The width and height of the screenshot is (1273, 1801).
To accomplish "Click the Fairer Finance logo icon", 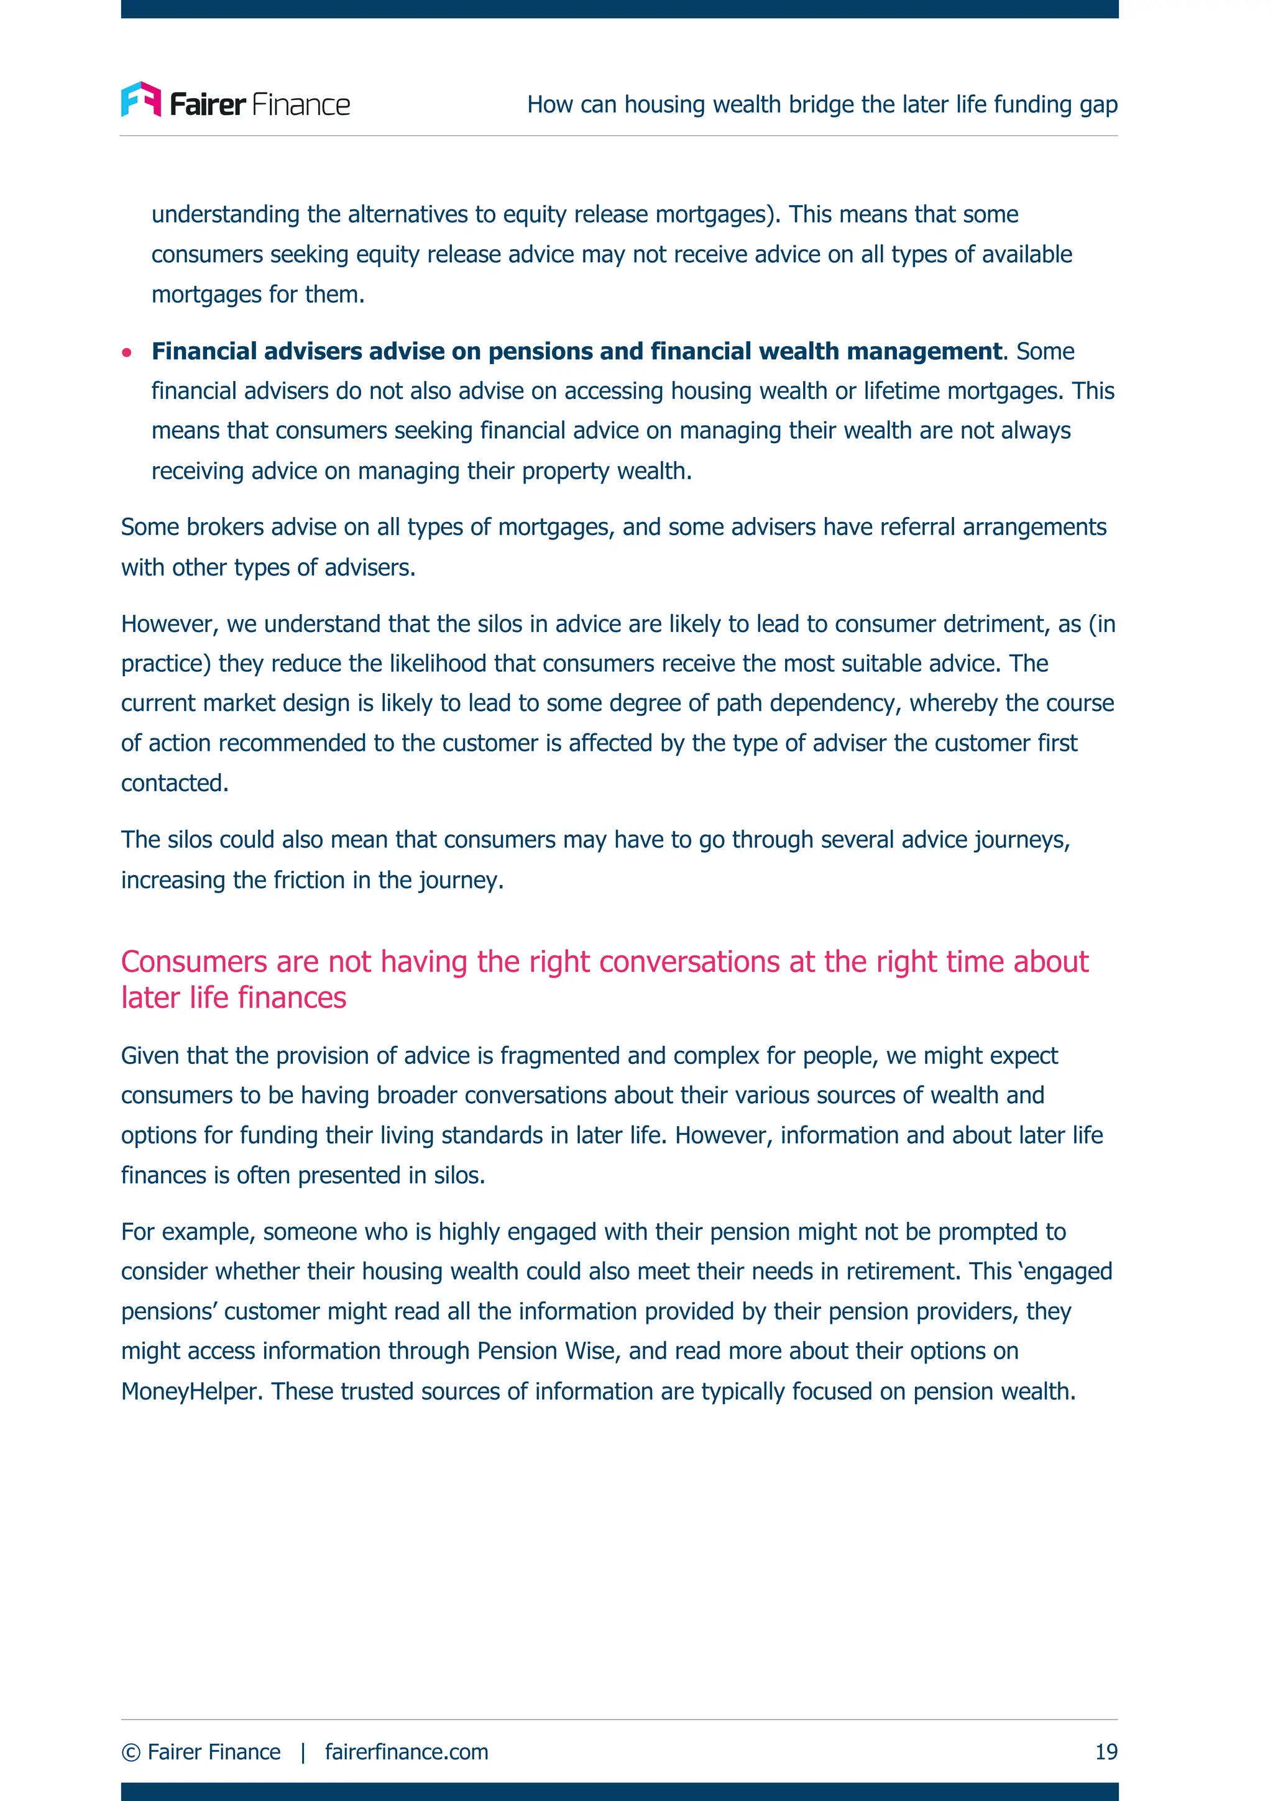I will [x=141, y=99].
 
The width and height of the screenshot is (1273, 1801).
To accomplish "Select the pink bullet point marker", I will [x=127, y=352].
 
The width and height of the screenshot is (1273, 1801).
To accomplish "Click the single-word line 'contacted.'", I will [x=175, y=783].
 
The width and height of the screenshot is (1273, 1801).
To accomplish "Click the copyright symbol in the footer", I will [x=131, y=1753].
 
